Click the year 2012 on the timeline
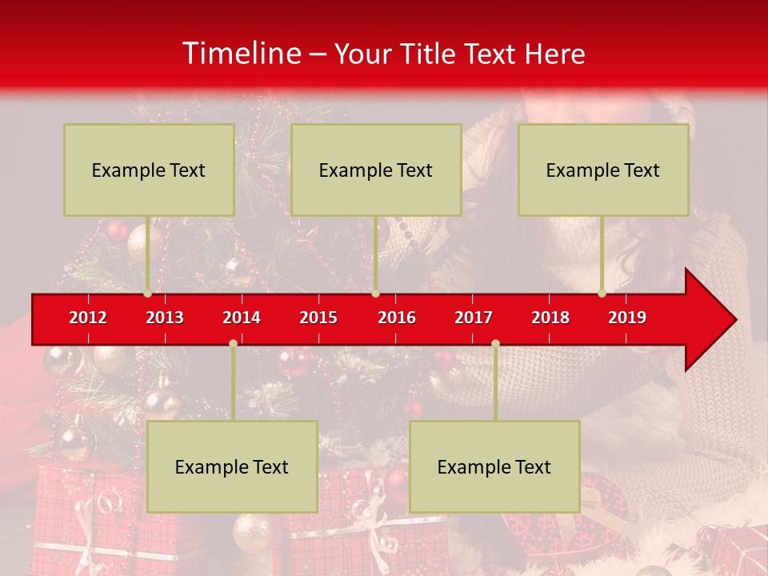[x=88, y=318]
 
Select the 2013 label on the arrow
[x=165, y=318]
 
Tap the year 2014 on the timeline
[x=242, y=318]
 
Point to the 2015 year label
[x=318, y=318]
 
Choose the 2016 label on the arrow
[x=397, y=318]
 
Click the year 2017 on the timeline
[x=474, y=318]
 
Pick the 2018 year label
[x=550, y=318]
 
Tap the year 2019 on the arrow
[x=627, y=318]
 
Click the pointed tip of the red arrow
[x=734, y=320]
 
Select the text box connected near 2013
[x=149, y=170]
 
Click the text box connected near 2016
[x=376, y=170]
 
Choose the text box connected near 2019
[x=603, y=170]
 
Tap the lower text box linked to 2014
[x=232, y=466]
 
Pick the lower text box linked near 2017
[x=494, y=466]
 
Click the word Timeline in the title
[x=241, y=53]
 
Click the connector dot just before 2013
[x=147, y=294]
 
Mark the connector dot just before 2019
[x=602, y=294]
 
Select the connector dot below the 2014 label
[x=233, y=344]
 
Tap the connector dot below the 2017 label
[x=495, y=344]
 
